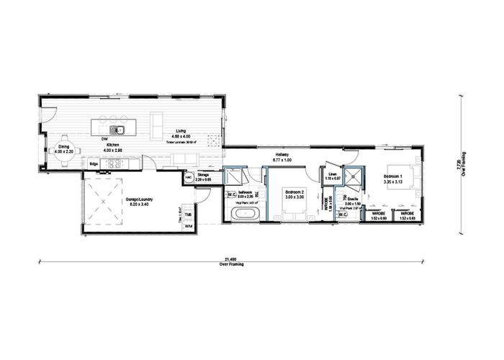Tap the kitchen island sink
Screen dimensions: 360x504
click(121, 130)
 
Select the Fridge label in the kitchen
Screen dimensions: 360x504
click(94, 164)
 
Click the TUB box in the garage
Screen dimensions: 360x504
click(188, 215)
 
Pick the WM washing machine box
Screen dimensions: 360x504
click(188, 227)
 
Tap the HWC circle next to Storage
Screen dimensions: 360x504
click(189, 176)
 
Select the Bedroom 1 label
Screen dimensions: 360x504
click(392, 176)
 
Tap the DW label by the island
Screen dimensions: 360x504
click(104, 138)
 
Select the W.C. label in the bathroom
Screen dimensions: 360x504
click(233, 194)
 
